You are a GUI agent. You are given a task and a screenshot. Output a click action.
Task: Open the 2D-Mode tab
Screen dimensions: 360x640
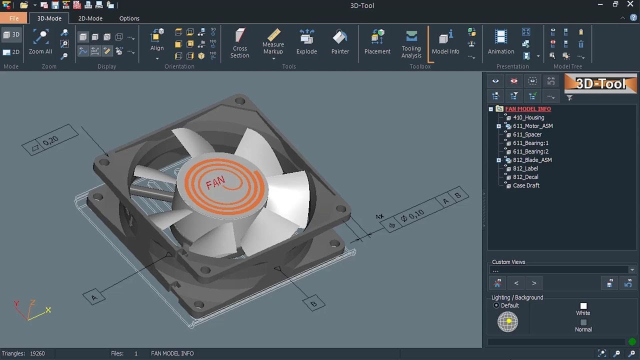(x=90, y=18)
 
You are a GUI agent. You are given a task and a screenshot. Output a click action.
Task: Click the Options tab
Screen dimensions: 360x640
(x=129, y=18)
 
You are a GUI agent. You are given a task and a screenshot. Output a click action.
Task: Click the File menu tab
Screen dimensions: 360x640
(x=14, y=18)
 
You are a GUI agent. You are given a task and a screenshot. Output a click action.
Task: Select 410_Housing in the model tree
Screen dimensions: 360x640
(x=528, y=117)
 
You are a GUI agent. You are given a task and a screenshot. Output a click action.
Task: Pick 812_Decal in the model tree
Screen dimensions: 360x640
(x=525, y=177)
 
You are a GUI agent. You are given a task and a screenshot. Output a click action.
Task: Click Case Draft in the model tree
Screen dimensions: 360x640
(x=526, y=185)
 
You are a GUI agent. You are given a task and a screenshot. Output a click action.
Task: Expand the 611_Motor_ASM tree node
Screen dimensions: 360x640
(x=498, y=126)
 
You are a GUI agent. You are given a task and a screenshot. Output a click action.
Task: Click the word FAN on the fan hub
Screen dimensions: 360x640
(x=215, y=183)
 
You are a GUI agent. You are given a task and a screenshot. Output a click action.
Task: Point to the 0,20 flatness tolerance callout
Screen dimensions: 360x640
(x=50, y=141)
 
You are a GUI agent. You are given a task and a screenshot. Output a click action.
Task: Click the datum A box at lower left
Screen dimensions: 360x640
(x=94, y=297)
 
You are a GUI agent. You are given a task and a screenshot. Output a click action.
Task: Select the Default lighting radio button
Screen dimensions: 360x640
(x=496, y=305)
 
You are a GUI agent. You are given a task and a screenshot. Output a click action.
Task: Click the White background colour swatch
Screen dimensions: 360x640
(x=583, y=305)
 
